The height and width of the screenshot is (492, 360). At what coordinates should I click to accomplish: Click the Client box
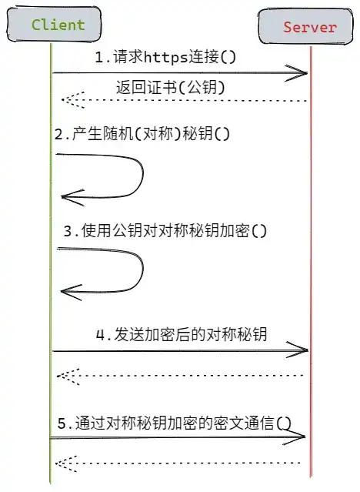tap(54, 25)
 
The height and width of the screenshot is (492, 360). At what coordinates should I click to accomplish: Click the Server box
tap(305, 27)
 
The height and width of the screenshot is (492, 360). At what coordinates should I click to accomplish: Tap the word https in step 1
tap(166, 58)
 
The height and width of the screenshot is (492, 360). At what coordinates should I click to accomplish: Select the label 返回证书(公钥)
tap(170, 87)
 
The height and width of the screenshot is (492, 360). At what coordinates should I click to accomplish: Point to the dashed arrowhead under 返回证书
tap(73, 100)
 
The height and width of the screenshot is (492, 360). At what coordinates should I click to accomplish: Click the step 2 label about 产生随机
tap(142, 134)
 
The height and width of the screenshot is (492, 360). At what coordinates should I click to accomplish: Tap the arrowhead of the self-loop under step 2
tap(73, 197)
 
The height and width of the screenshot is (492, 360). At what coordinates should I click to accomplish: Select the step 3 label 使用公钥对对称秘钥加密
tap(165, 231)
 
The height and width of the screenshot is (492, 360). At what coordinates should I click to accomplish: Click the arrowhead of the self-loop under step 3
tap(72, 292)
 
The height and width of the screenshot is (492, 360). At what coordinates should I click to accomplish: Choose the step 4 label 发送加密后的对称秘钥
tap(182, 334)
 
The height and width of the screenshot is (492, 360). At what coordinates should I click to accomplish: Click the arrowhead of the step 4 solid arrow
tap(297, 350)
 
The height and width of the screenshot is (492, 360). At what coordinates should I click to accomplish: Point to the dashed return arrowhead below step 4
tap(68, 376)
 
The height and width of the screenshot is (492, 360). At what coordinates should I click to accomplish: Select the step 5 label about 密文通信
tap(175, 423)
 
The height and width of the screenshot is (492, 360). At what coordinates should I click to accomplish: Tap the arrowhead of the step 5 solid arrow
tap(294, 437)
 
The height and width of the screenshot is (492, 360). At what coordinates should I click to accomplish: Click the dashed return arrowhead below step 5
tap(66, 464)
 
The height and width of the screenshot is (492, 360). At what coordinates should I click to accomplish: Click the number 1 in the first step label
tap(99, 58)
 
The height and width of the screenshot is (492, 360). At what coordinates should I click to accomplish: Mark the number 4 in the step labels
tap(100, 335)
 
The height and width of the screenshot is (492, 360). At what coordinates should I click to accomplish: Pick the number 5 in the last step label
tap(62, 423)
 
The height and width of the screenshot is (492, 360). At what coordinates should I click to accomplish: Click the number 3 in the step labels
tap(68, 232)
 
